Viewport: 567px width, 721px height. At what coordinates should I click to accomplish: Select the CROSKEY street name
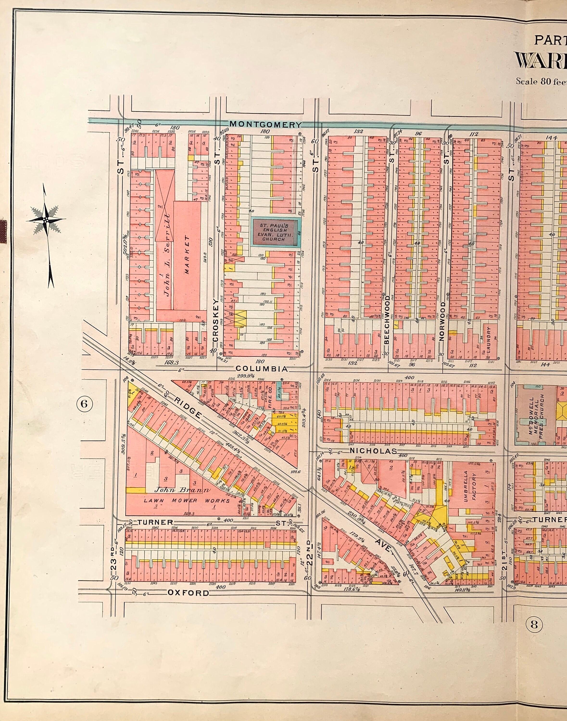[x=216, y=323]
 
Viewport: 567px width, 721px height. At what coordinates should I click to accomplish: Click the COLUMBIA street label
[x=262, y=369]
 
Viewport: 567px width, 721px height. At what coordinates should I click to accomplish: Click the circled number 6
[x=84, y=404]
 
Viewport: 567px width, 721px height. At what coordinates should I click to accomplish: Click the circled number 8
[x=534, y=624]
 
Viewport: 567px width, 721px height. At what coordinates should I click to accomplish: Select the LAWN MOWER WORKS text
[x=187, y=501]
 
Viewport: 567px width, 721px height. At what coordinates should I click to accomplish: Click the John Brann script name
[x=183, y=490]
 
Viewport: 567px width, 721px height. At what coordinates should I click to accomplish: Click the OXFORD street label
[x=188, y=593]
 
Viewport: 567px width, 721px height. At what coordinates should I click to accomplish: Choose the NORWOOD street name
[x=442, y=321]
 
